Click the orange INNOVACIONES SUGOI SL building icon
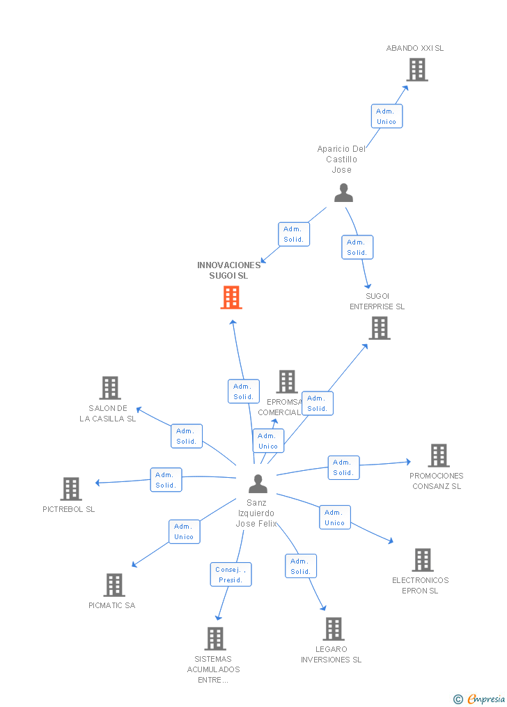[x=231, y=297]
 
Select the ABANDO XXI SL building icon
[x=417, y=70]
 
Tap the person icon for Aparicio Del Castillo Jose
[x=343, y=193]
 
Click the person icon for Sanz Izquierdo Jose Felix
[x=258, y=483]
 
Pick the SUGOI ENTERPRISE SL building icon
[x=380, y=328]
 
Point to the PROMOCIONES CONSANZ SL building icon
[x=438, y=456]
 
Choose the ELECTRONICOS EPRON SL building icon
[x=422, y=560]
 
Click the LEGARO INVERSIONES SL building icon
[x=334, y=629]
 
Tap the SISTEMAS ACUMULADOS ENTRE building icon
[x=215, y=639]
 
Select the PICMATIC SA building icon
[x=114, y=585]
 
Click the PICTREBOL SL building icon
[x=71, y=489]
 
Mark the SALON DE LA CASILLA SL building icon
[x=110, y=388]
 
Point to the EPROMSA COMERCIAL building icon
[x=287, y=382]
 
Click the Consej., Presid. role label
[x=231, y=575]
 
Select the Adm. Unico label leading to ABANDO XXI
[x=387, y=116]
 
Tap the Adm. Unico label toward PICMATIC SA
[x=184, y=531]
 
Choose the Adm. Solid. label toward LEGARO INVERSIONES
[x=301, y=566]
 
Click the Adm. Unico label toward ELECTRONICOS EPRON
[x=334, y=518]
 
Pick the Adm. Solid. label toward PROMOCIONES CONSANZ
[x=343, y=467]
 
